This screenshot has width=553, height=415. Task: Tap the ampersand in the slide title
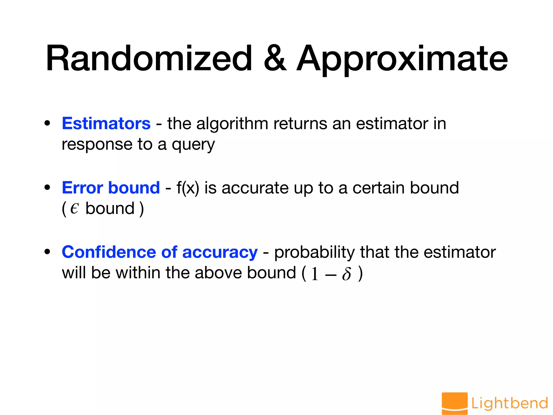click(275, 59)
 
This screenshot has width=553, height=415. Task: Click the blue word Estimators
click(106, 123)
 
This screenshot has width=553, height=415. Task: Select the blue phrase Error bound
click(111, 188)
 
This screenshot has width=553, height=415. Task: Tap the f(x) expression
click(188, 188)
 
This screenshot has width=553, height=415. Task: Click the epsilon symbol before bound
click(74, 209)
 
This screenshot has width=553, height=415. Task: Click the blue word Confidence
click(109, 252)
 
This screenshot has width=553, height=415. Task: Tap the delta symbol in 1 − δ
click(346, 273)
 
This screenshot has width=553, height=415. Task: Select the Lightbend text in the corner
click(510, 403)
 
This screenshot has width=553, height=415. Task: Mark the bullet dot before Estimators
click(48, 123)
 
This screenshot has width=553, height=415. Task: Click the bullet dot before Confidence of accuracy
click(48, 252)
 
